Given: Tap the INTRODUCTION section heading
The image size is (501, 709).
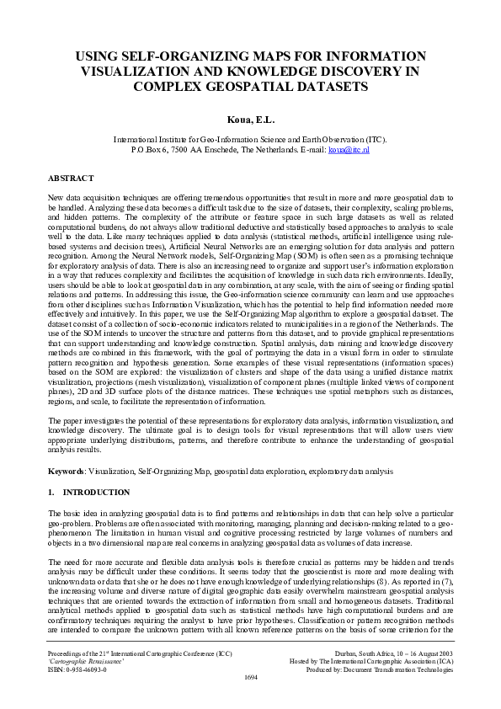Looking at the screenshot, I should tap(97, 492).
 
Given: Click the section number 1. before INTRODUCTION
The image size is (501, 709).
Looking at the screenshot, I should tap(51, 492).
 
